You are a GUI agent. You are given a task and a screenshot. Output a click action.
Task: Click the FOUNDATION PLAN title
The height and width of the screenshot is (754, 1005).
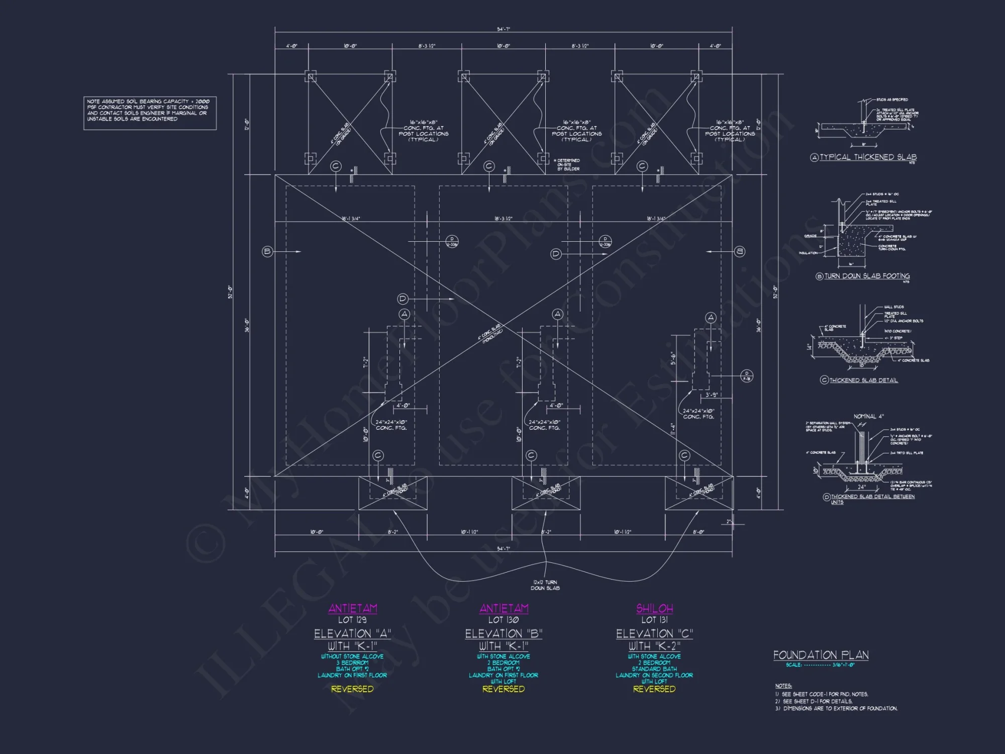(x=821, y=655)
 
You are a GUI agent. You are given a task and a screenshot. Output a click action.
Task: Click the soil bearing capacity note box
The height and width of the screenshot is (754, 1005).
(x=150, y=113)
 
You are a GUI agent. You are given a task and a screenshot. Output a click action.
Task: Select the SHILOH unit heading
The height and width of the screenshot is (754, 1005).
(x=654, y=608)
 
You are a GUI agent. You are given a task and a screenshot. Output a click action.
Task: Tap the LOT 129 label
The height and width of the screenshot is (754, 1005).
(x=352, y=620)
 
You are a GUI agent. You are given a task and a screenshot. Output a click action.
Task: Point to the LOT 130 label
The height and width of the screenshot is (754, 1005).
(x=504, y=620)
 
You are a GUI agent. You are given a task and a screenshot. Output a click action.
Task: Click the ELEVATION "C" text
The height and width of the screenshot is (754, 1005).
(x=654, y=634)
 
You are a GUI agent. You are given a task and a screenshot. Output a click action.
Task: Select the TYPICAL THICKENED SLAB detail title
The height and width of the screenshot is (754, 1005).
(x=868, y=157)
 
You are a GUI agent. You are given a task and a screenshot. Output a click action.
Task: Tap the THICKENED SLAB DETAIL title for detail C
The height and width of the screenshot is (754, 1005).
(x=863, y=381)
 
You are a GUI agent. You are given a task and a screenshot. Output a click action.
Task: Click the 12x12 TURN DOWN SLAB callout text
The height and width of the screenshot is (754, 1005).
(x=545, y=585)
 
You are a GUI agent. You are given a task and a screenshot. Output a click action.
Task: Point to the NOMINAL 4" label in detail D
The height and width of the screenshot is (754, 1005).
(x=868, y=417)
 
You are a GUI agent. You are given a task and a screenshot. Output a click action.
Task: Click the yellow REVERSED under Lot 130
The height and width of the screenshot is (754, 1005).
(x=504, y=689)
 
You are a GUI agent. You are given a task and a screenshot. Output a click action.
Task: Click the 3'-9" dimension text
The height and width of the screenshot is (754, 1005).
(x=711, y=395)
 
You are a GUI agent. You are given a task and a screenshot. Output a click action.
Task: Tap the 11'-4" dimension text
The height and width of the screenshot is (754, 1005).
(x=672, y=429)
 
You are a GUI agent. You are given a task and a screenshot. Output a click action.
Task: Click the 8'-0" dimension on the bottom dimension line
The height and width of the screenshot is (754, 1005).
(x=698, y=532)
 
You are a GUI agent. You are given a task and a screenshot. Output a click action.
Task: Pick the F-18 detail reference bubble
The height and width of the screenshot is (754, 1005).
(x=747, y=376)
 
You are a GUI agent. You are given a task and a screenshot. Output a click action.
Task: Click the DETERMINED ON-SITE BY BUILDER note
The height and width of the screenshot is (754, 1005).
(x=568, y=165)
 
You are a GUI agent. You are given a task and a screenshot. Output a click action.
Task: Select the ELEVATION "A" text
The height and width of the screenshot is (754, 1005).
(x=352, y=634)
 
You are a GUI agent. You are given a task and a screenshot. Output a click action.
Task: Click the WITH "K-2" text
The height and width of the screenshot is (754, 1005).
(x=654, y=646)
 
